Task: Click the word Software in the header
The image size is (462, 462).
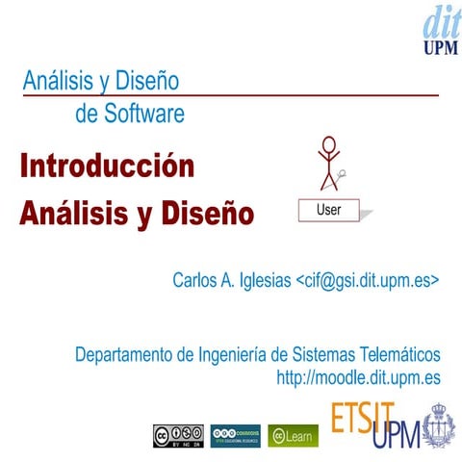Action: tap(143, 115)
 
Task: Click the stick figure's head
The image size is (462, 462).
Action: tap(330, 145)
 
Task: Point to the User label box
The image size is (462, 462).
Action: tap(327, 208)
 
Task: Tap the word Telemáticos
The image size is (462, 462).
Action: tap(398, 353)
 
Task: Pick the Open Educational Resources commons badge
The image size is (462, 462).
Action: tap(235, 435)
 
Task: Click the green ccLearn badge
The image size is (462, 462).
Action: tap(293, 435)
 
